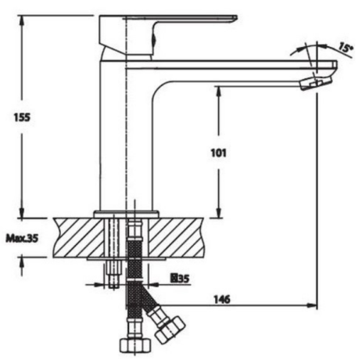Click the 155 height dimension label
pyautogui.click(x=22, y=117)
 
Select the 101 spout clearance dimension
pyautogui.click(x=219, y=153)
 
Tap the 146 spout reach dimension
pyautogui.click(x=222, y=299)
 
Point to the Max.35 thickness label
pyautogui.click(x=23, y=238)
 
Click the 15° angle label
pyautogui.click(x=346, y=48)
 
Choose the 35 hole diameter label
pyautogui.click(x=180, y=279)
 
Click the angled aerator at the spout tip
pyautogui.click(x=316, y=83)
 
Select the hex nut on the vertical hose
pyautogui.click(x=135, y=345)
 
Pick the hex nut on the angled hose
pyautogui.click(x=170, y=329)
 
